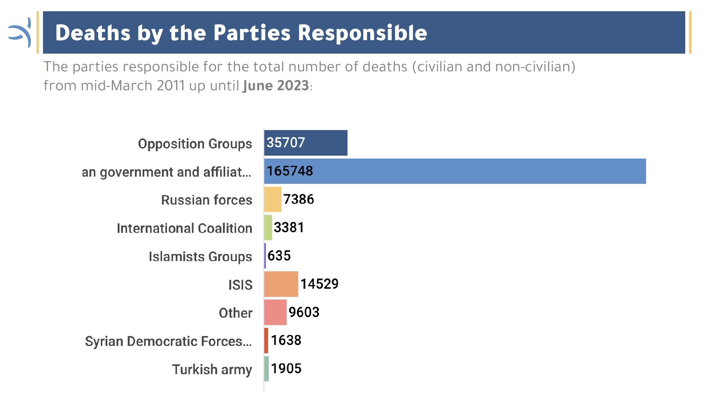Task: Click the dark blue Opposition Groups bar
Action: click(x=306, y=143)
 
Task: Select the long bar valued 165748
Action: click(x=455, y=171)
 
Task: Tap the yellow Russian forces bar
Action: click(x=273, y=199)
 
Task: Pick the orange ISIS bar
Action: click(x=281, y=284)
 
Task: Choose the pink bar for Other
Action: click(x=275, y=312)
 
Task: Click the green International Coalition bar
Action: click(x=268, y=228)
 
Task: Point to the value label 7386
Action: click(x=298, y=199)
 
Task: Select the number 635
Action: click(x=279, y=256)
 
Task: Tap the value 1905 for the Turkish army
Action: click(x=286, y=369)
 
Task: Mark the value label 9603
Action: click(x=304, y=312)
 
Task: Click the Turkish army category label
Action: click(x=212, y=369)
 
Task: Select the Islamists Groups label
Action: click(x=200, y=257)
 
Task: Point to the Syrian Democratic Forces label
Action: click(x=168, y=341)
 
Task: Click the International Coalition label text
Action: click(x=184, y=228)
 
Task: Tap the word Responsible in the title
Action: click(x=363, y=33)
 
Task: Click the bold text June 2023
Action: click(x=276, y=86)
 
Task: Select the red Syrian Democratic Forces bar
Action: click(x=266, y=341)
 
